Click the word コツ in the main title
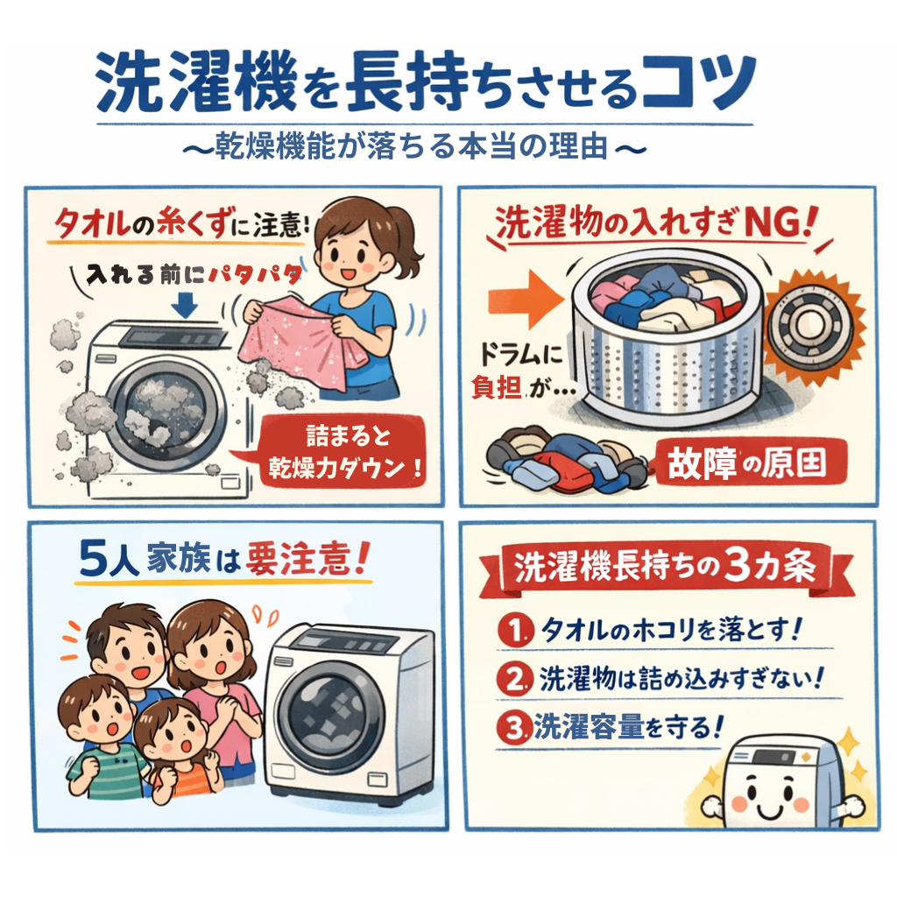[x=699, y=81]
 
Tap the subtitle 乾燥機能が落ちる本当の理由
[x=412, y=146]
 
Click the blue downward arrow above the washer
[x=184, y=305]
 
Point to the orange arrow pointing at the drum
[x=526, y=300]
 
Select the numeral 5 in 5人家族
[x=94, y=557]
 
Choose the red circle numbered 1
[x=515, y=631]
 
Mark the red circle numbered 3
[x=514, y=728]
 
